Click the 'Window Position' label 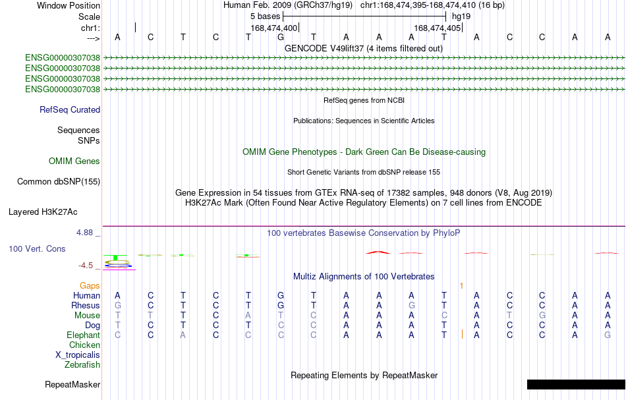(69, 5)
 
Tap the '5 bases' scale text (265, 16)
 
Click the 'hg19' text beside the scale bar (461, 16)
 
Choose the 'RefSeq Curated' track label (70, 110)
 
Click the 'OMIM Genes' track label (74, 161)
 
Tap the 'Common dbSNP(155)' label (59, 182)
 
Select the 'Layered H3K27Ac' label (43, 212)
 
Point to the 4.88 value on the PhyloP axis (84, 233)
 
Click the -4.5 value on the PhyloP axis (86, 266)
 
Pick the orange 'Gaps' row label (90, 285)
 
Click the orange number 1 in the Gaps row (461, 286)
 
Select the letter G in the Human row (281, 295)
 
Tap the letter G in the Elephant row (608, 335)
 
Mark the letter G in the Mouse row (542, 316)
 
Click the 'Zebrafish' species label (82, 365)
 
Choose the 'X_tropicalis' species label (78, 355)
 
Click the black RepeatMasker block (576, 384)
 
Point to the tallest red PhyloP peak (378, 252)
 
